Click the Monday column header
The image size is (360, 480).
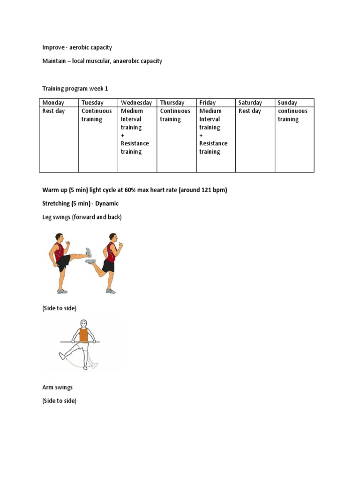[53, 103]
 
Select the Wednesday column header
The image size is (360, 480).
[136, 103]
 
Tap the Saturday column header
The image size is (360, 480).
[250, 103]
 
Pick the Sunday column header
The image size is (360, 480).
[287, 103]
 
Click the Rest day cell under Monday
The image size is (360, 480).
[53, 111]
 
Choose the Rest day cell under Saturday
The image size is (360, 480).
[250, 111]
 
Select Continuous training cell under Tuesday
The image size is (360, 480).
[97, 115]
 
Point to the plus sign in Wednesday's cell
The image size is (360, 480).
[123, 135]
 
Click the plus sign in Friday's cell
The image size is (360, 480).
[201, 135]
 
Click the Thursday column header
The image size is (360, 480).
[172, 103]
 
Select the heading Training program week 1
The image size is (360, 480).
[75, 88]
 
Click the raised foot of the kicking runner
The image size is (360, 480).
[88, 253]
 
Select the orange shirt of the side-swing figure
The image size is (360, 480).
[83, 336]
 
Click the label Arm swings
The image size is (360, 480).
[58, 388]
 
